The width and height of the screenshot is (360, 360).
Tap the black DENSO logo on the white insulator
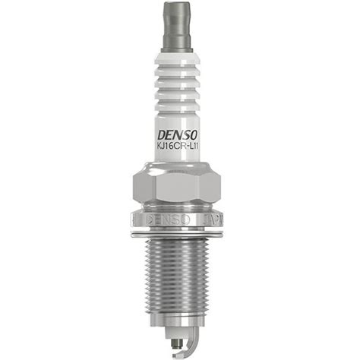[x=177, y=135]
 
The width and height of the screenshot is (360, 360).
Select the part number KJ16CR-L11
[x=178, y=147]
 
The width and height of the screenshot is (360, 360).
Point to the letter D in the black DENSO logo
[x=162, y=136]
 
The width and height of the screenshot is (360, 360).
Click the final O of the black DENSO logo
[x=193, y=135]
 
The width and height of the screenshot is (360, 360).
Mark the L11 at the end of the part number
[x=194, y=147]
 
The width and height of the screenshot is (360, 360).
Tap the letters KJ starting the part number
[x=161, y=147]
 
